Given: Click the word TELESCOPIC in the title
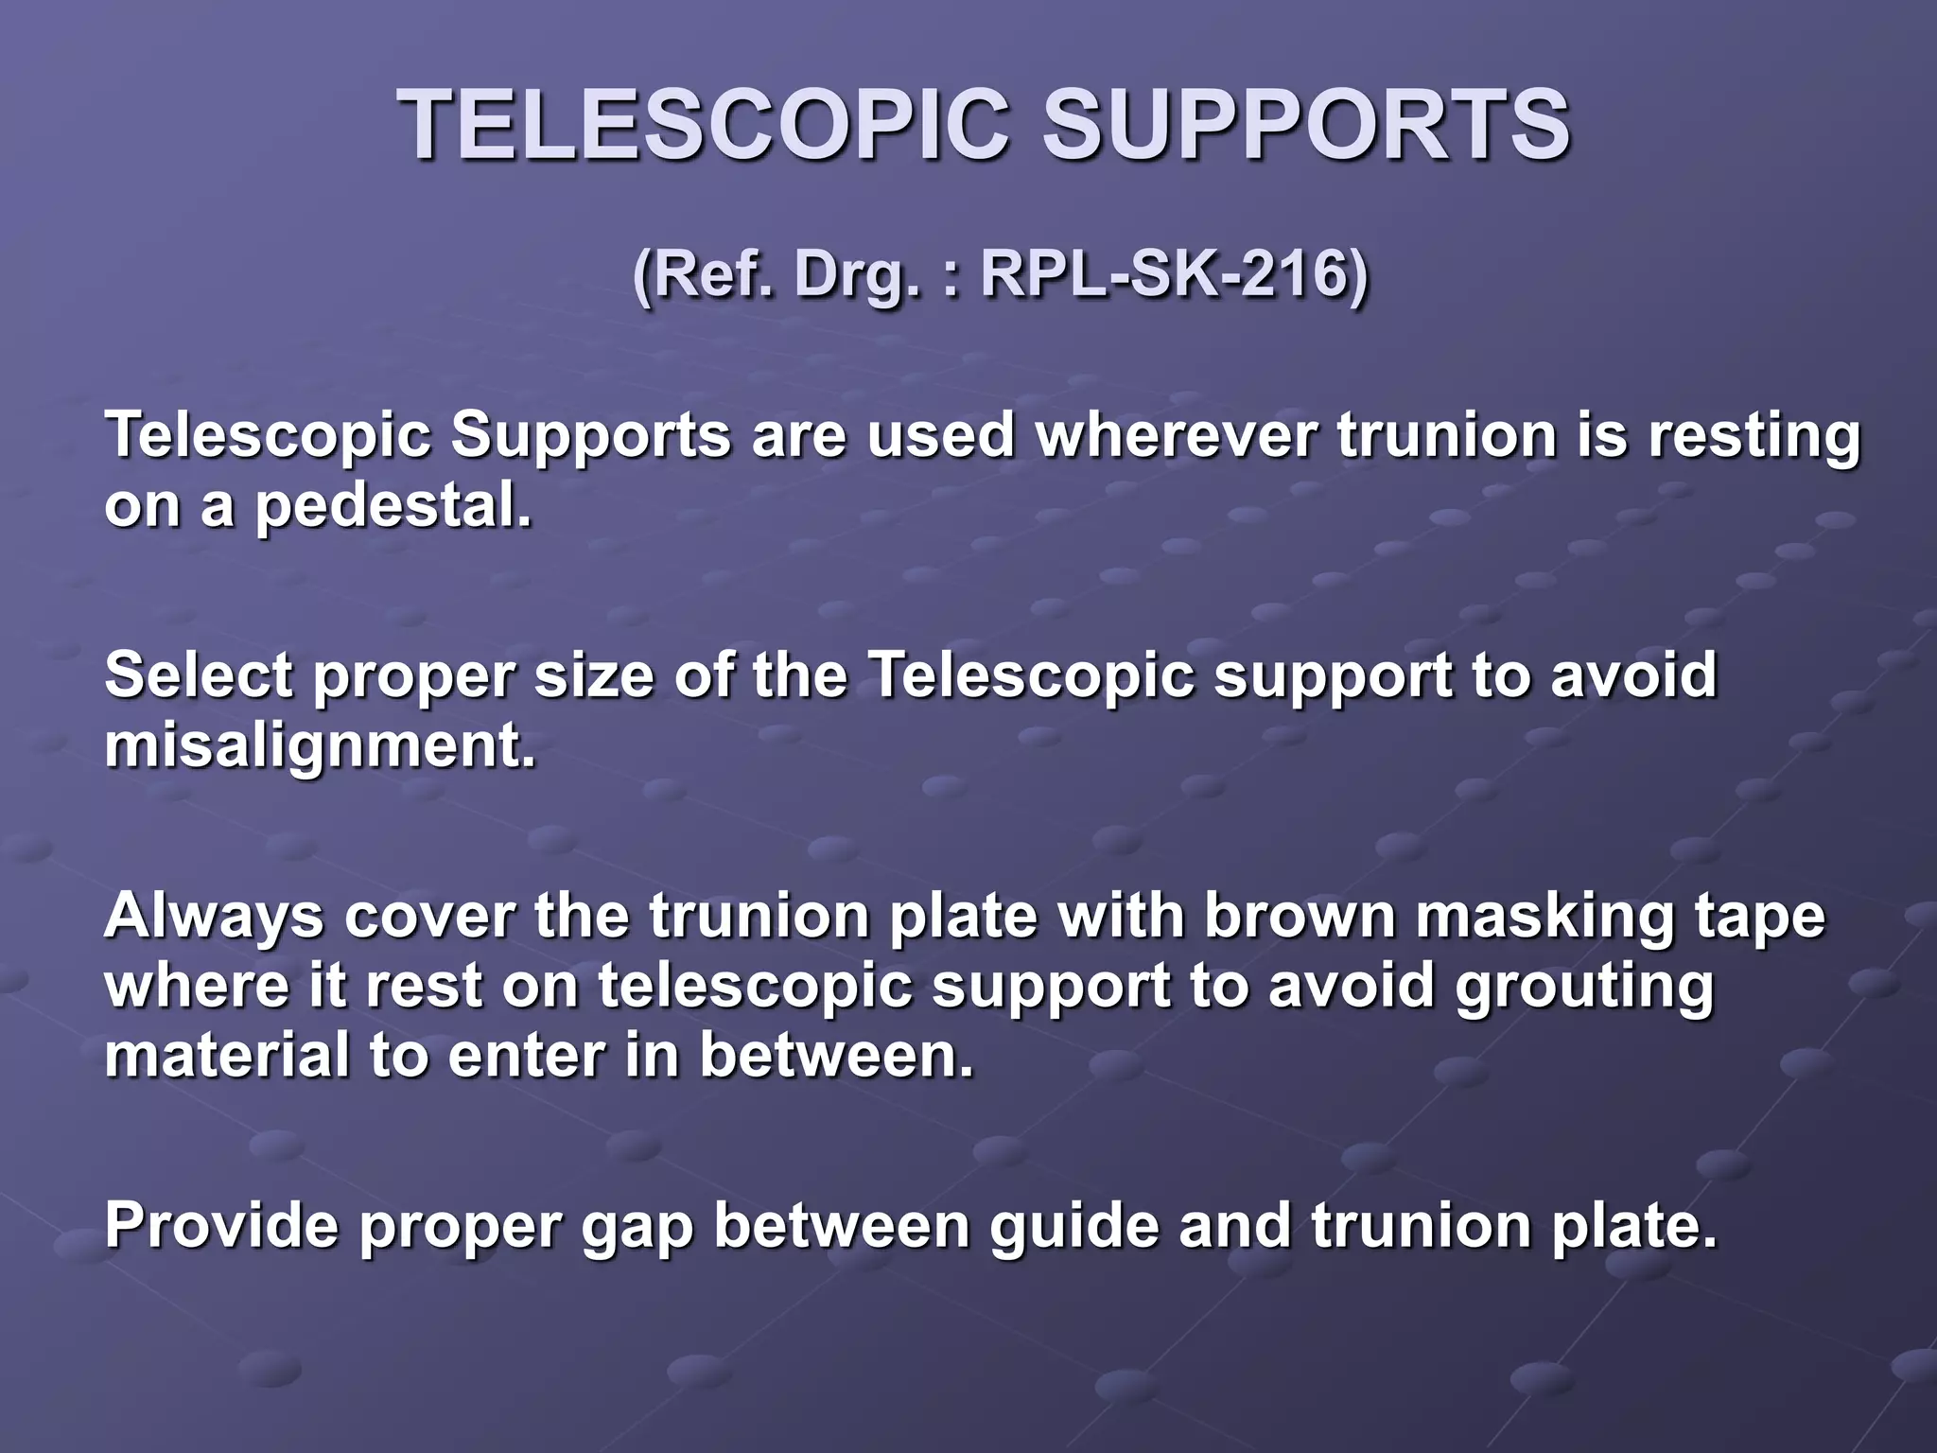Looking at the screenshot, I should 704,126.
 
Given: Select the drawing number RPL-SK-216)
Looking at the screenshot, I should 1174,275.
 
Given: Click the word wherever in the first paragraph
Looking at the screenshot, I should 1177,436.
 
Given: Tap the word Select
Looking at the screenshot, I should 199,676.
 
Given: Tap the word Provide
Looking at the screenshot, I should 220,1225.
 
